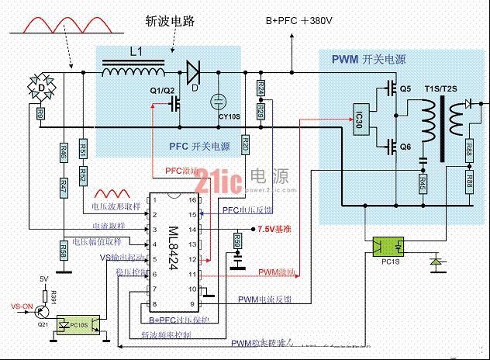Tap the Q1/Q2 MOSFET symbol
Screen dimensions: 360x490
click(x=178, y=102)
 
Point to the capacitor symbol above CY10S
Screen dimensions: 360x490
click(x=218, y=100)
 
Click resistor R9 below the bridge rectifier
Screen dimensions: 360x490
click(x=40, y=114)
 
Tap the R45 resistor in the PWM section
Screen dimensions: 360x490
click(x=423, y=185)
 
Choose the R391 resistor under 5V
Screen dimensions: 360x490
click(x=54, y=294)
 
